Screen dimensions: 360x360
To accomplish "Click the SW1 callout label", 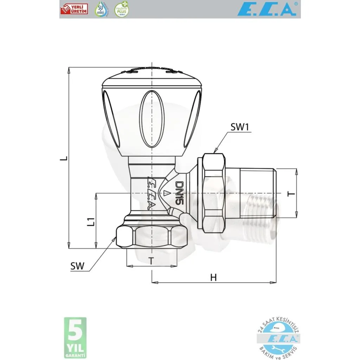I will point(240,127).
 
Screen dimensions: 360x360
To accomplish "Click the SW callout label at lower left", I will point(77,266).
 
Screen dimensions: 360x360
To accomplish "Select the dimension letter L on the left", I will point(63,159).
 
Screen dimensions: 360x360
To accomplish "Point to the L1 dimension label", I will point(90,222).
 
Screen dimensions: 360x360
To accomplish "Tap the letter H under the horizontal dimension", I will point(213,277).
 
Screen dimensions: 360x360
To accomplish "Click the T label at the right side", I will point(290,194).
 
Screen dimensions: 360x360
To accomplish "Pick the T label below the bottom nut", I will point(151,261).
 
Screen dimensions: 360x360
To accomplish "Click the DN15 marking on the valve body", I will point(180,193).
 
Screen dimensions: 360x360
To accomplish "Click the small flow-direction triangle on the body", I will point(165,193).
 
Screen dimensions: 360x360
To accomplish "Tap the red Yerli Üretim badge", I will point(74,9).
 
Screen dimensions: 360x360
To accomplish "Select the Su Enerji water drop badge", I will point(102,9).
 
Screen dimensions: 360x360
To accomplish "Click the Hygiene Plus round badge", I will point(122,9).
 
